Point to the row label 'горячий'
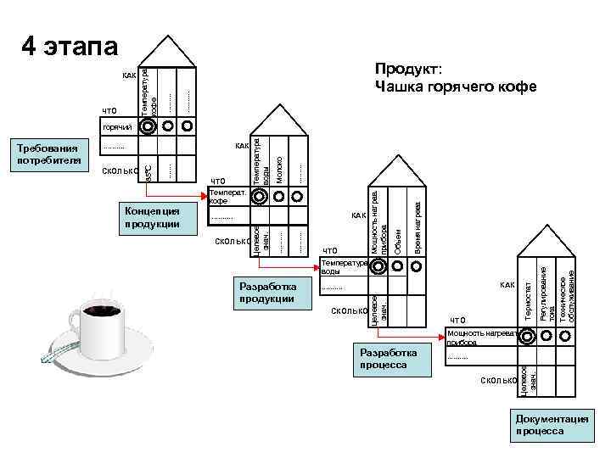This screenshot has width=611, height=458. [117, 127]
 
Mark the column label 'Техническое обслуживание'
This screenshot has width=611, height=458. [569, 297]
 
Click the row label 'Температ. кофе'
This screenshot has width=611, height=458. [227, 197]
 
